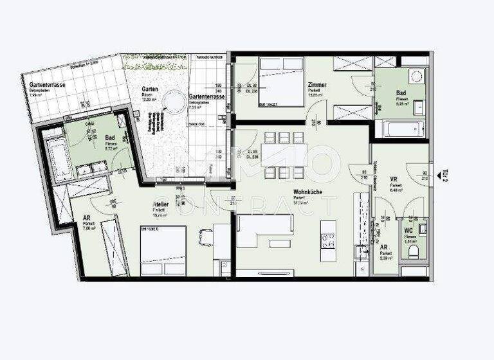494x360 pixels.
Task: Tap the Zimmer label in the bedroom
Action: pyautogui.click(x=317, y=85)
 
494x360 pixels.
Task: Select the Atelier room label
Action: pyautogui.click(x=161, y=204)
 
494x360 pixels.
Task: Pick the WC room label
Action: pyautogui.click(x=409, y=230)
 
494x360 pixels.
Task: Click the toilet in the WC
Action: pyautogui.click(x=417, y=250)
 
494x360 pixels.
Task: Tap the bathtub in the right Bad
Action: pyautogui.click(x=401, y=129)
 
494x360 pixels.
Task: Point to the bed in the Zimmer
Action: pyautogui.click(x=281, y=82)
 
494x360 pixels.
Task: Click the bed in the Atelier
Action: pyautogui.click(x=163, y=250)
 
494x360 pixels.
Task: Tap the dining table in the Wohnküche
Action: pyautogui.click(x=280, y=155)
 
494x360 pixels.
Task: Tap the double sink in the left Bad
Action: pyautogui.click(x=90, y=168)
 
